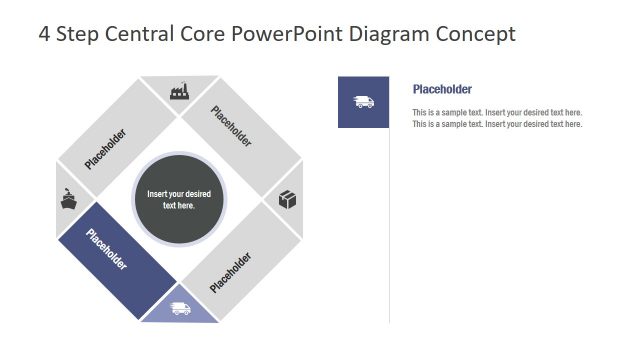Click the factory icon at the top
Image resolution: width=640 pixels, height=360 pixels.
pyautogui.click(x=180, y=91)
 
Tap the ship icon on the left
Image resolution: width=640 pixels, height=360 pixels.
pyautogui.click(x=68, y=199)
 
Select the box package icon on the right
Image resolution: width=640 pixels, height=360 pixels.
pyautogui.click(x=288, y=199)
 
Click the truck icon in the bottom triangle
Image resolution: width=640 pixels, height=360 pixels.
pyautogui.click(x=180, y=308)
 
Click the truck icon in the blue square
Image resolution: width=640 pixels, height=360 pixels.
pyautogui.click(x=363, y=102)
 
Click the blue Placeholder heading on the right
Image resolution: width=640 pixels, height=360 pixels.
pyautogui.click(x=442, y=89)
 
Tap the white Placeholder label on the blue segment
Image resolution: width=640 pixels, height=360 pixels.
pyautogui.click(x=107, y=250)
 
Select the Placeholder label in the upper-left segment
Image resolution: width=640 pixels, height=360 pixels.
pyautogui.click(x=106, y=148)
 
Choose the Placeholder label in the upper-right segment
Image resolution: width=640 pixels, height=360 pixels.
pyautogui.click(x=231, y=127)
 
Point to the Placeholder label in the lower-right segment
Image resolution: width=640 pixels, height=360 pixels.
pyautogui.click(x=231, y=272)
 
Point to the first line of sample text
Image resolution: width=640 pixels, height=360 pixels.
pyautogui.click(x=497, y=113)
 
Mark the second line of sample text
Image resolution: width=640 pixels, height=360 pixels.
pyautogui.click(x=497, y=124)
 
